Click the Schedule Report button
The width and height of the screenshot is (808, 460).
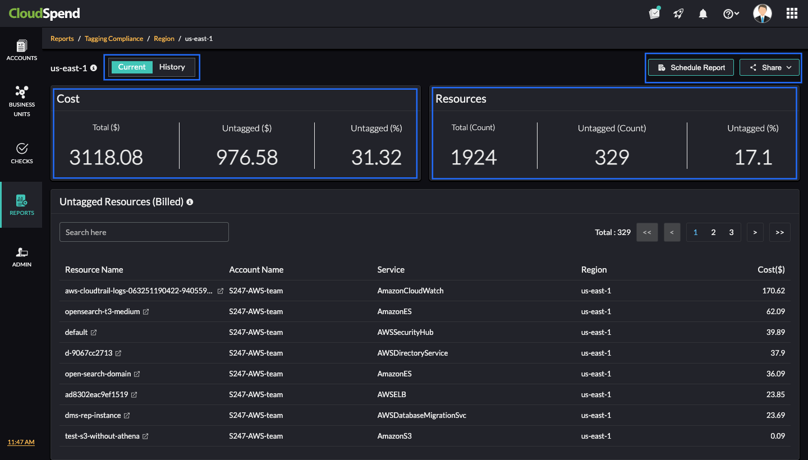point(691,67)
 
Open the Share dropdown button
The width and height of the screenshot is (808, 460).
point(769,67)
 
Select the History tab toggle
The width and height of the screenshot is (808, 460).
point(172,67)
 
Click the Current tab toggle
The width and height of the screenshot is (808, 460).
point(132,67)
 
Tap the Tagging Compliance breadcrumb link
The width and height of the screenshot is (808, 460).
point(114,39)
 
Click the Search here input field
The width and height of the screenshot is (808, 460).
point(144,232)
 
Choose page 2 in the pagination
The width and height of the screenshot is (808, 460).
point(713,232)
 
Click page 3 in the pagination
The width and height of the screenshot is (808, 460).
point(731,232)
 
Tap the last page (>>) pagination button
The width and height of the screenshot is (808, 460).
point(779,232)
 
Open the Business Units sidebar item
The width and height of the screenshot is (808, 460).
point(21,101)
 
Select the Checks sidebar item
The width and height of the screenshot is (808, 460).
point(21,153)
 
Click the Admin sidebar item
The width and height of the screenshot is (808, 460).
point(21,256)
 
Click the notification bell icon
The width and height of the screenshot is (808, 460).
point(703,14)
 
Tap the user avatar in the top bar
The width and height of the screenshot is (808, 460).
point(762,13)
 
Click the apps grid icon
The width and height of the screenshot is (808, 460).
point(792,13)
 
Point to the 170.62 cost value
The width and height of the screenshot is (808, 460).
point(774,291)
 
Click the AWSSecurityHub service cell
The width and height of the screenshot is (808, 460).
point(405,332)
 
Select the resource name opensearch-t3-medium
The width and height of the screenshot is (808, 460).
point(102,311)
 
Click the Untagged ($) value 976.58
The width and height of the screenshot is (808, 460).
point(247,158)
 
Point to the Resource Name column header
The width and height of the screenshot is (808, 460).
point(94,270)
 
